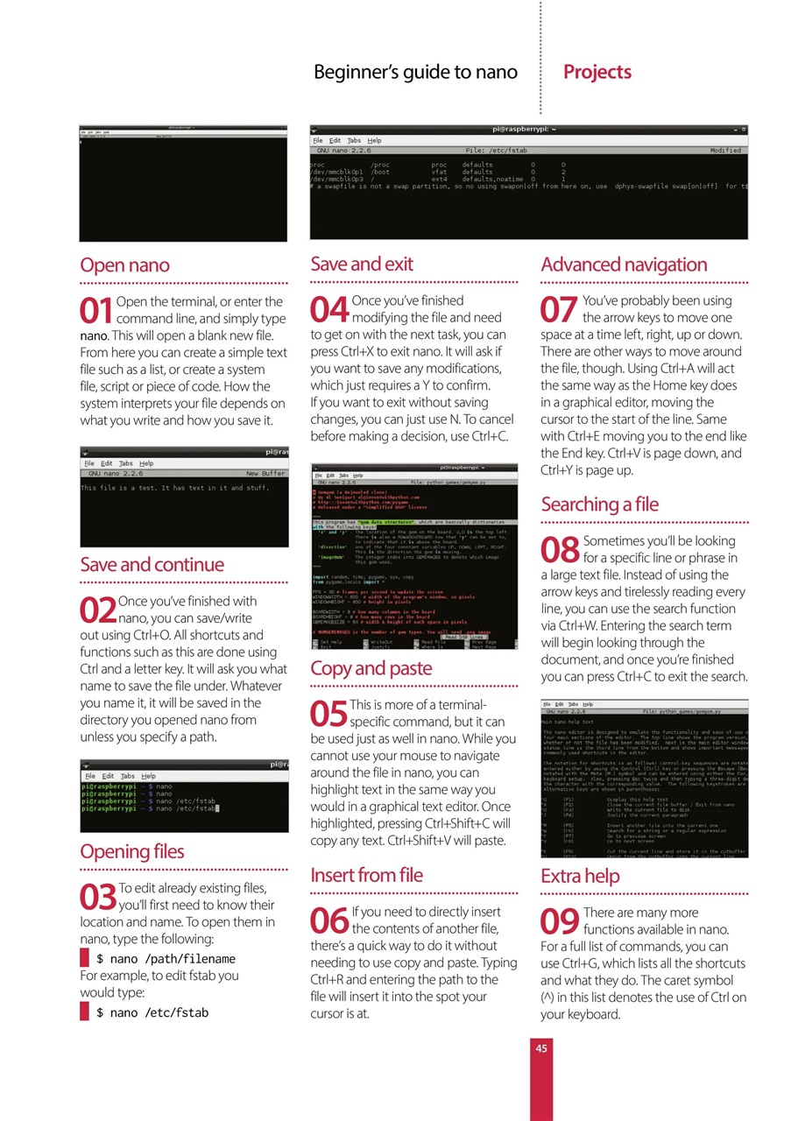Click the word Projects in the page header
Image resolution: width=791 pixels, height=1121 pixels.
597,72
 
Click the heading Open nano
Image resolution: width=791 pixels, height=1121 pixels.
124,265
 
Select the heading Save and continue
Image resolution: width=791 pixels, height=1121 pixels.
152,565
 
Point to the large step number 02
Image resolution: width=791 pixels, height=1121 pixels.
97,610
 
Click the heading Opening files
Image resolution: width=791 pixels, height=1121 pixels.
131,851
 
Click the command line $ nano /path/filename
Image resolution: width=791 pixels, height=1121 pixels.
166,959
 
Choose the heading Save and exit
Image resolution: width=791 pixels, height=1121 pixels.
362,264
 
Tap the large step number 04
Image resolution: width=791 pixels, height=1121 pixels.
329,311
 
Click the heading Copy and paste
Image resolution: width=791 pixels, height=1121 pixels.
371,669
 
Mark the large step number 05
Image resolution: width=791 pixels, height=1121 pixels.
328,715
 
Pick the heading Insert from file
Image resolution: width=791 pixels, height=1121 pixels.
366,875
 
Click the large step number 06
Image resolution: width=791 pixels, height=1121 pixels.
329,921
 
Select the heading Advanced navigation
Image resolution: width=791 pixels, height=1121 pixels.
624,264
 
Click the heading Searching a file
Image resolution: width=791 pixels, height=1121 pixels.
599,504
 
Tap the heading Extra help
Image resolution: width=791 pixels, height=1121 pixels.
580,876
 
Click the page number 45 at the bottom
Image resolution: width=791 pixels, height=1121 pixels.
541,1046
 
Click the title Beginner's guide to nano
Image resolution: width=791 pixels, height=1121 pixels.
416,72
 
